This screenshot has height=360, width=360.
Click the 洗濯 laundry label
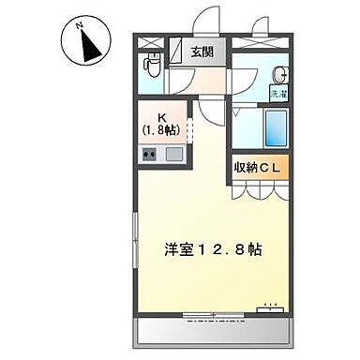click(278, 95)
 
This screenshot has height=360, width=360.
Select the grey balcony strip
click(214, 334)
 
